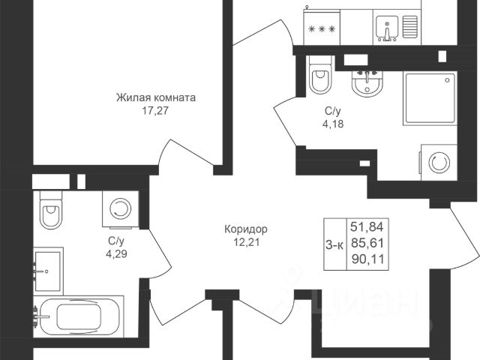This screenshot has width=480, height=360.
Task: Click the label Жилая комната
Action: (x=155, y=97)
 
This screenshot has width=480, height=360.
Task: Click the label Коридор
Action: (x=245, y=229)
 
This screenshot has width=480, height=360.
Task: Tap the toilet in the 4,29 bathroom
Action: (x=51, y=211)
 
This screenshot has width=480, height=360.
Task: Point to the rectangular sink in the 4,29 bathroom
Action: (x=47, y=268)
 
